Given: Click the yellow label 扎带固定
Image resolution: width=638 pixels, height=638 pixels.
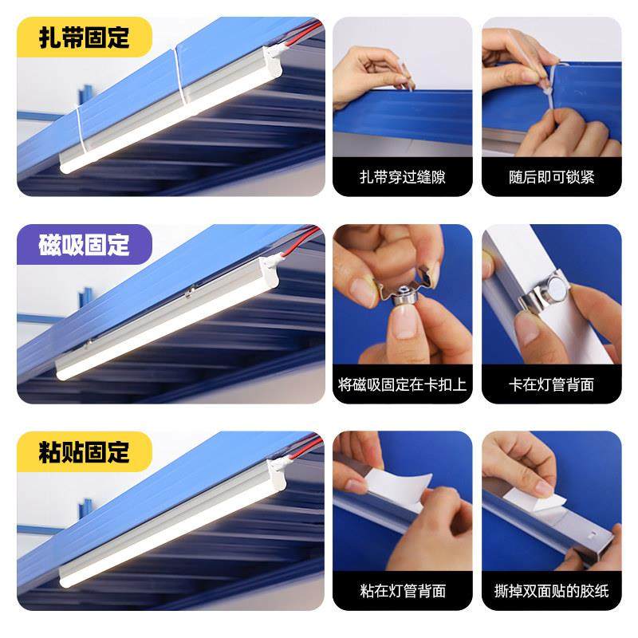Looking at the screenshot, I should (x=85, y=38).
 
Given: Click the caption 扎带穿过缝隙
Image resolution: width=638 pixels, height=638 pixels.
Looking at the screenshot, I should (x=402, y=177).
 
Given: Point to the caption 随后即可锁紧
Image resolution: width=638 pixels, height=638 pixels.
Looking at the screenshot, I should (x=551, y=177).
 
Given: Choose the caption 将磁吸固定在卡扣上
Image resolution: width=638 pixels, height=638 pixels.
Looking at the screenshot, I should (x=402, y=384).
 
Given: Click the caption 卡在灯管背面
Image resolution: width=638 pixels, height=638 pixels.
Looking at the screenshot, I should (x=551, y=384).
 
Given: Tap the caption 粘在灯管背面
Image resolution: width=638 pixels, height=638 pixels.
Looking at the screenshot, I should (x=402, y=592).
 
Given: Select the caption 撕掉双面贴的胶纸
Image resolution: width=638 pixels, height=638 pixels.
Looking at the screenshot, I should (x=551, y=592).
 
